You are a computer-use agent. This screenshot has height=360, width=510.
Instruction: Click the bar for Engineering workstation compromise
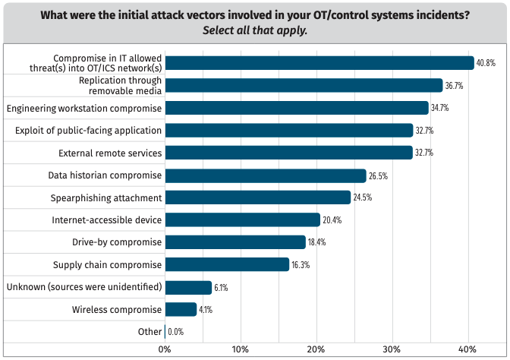pos(296,108)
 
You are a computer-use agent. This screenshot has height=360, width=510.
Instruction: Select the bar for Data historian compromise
pos(265,175)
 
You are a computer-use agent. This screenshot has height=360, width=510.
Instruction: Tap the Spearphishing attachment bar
pos(257,197)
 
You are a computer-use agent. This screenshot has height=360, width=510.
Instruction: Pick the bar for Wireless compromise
pos(181,309)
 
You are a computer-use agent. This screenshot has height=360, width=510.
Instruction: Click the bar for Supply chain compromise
pos(227,264)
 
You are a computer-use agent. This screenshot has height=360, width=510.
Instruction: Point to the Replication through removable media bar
pos(304,86)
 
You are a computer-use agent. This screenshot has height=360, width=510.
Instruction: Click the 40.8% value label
pos(486,63)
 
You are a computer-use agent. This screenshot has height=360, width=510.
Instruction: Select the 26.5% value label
pos(377,175)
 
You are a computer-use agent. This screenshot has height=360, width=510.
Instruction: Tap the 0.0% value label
pos(175,332)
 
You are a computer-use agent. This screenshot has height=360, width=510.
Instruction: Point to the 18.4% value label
pos(316,242)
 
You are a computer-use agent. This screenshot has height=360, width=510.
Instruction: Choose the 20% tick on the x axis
pos(316,349)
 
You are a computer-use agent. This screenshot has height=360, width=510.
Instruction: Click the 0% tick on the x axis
pos(165,349)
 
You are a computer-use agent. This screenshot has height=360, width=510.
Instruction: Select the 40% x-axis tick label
pos(467,349)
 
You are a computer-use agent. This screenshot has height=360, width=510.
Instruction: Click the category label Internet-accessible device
pos(107,220)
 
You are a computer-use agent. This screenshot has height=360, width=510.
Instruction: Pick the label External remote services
pos(110,153)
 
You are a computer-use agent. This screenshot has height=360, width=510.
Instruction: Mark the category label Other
pos(150,332)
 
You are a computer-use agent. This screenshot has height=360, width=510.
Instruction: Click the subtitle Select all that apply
pos(255,31)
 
